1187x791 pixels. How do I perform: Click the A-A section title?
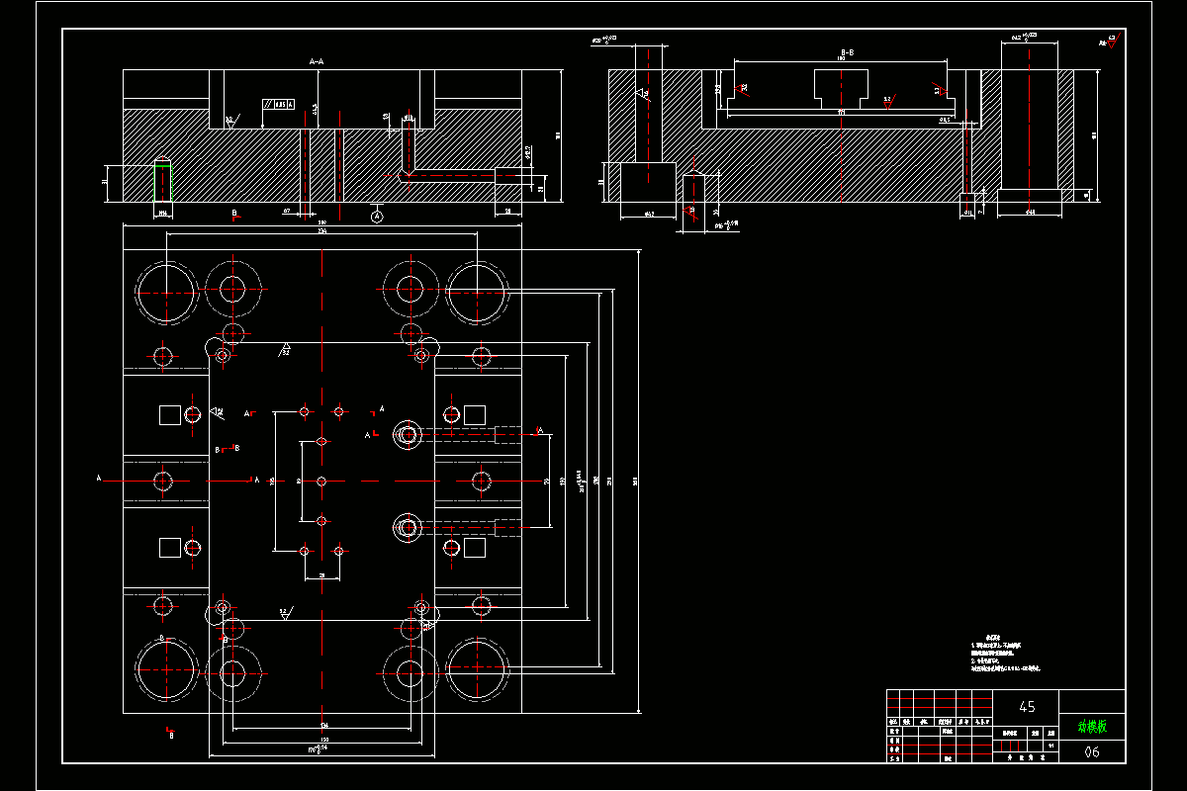(317, 61)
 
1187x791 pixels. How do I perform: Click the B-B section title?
(848, 50)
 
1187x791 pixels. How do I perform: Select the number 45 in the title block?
(1027, 707)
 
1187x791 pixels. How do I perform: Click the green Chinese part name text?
(1092, 727)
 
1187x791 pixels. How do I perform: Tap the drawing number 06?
(1092, 752)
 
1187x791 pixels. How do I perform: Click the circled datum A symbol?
(376, 217)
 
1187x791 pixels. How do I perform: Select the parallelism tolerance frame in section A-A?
(278, 104)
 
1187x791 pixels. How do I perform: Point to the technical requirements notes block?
(1004, 654)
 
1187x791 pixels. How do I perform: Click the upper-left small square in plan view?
(170, 413)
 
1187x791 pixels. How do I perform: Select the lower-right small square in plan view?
(475, 549)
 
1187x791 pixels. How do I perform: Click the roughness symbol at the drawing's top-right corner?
(1108, 43)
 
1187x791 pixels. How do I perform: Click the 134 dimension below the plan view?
(323, 725)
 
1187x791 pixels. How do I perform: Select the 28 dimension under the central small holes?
(321, 574)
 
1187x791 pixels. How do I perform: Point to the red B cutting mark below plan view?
(171, 734)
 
